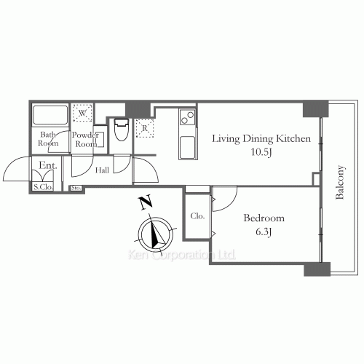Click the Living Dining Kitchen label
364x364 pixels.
[261, 138]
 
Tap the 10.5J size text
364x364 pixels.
[261, 153]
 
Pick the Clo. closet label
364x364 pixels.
[197, 216]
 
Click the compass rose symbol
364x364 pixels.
[155, 233]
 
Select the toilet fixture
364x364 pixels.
[122, 132]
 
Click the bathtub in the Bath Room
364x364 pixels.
[50, 116]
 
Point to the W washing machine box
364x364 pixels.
[82, 114]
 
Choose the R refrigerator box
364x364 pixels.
[145, 127]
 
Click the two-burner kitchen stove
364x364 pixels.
[186, 115]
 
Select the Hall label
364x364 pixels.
[103, 171]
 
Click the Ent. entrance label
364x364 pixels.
[48, 167]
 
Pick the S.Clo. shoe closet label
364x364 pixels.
[42, 187]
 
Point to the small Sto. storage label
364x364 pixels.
[76, 189]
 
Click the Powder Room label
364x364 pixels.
[87, 139]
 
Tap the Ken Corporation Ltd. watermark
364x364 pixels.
[181, 255]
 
